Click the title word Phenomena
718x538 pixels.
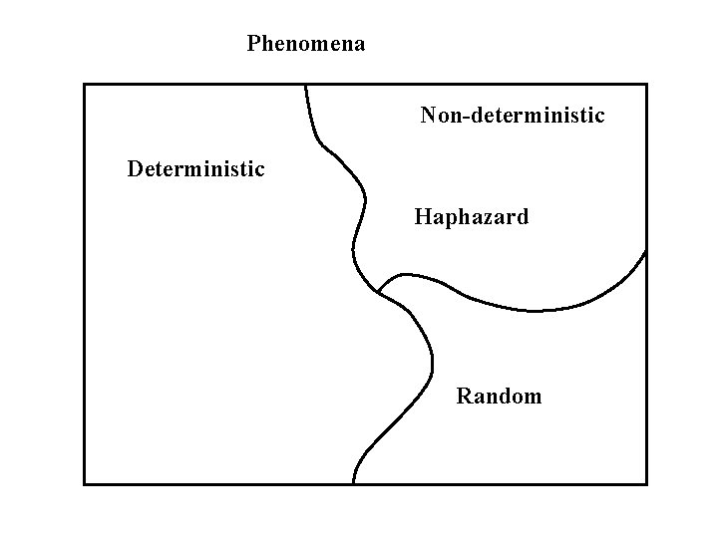click(306, 44)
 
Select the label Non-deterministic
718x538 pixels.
click(513, 116)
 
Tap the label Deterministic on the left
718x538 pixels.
click(196, 168)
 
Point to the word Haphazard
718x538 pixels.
click(472, 216)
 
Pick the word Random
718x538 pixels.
click(500, 397)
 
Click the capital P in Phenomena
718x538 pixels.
click(253, 44)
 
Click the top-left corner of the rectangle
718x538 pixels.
click(85, 85)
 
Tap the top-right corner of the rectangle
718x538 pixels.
click(646, 85)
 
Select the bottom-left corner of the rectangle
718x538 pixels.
click(85, 483)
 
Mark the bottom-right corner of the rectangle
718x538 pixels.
click(646, 483)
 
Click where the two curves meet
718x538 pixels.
click(378, 292)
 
